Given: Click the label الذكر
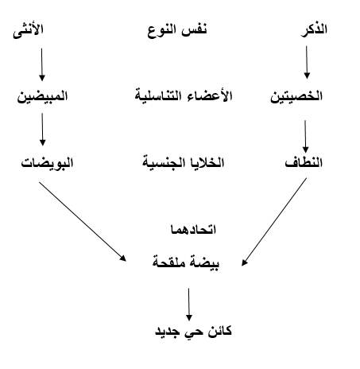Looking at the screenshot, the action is point(314,29).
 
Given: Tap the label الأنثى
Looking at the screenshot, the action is point(28,31).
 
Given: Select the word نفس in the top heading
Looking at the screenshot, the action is point(194,29).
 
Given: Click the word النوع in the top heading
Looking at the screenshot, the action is point(162,31).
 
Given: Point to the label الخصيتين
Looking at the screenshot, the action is point(296,96).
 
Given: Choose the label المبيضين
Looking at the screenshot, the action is point(42,96).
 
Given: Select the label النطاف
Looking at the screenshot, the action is point(304,161).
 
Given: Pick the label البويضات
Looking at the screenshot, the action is point(47,162).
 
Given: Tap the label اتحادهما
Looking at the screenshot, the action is point(193,229).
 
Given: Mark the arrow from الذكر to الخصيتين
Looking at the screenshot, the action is point(307,62).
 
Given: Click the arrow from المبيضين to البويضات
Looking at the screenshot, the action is point(42,130).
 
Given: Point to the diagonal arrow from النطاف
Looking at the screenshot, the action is point(274,222).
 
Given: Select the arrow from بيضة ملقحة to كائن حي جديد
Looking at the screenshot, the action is point(189,305).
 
